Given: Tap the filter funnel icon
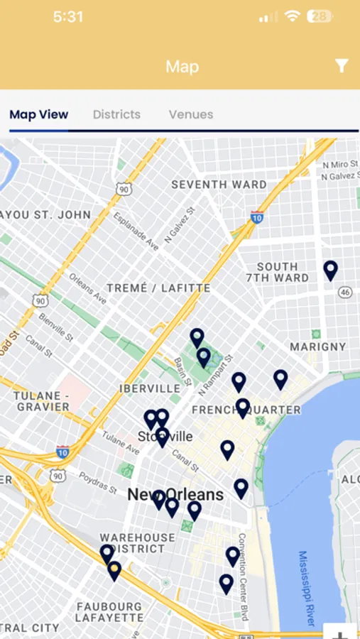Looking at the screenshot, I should coord(342,66).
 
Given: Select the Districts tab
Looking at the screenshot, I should coord(116,114).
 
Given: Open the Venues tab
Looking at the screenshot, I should coord(191,114).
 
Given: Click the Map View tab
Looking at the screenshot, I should coord(39,114).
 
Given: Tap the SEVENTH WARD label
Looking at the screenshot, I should coord(219,185).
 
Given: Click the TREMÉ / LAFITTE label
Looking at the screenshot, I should coord(158,288).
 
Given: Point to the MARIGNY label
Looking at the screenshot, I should coord(318,347).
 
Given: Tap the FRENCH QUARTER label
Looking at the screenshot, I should coord(246,410).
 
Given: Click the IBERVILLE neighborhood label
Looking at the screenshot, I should coord(150,388).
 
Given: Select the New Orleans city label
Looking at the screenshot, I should coord(175,494).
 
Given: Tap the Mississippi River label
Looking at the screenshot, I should coord(306,588).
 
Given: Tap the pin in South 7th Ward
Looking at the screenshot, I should coord(330,270).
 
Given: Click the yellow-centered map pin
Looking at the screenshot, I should coord(114,570).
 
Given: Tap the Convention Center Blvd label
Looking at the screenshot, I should coord(243,577).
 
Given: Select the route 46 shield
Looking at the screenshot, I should coord(345,292).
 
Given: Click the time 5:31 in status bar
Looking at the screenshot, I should coord(68,16).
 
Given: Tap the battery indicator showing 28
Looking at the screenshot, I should coord(319,16).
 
